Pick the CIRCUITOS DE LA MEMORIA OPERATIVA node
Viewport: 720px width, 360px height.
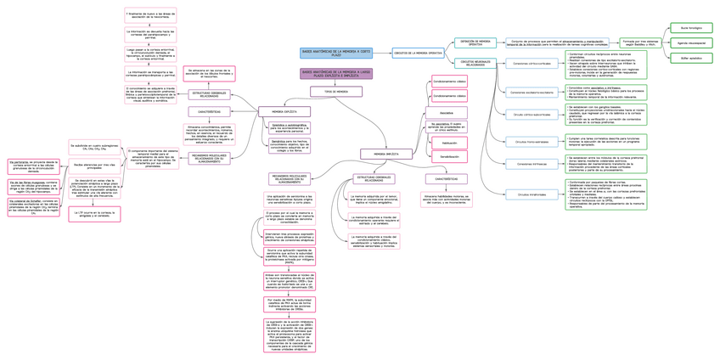tap(418, 53)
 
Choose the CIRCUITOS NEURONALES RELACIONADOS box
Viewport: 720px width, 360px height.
tap(475, 64)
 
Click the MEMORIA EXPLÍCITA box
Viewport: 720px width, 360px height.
tap(284, 111)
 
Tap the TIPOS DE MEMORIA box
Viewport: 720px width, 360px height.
tap(329, 91)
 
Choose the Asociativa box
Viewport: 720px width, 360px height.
tap(447, 112)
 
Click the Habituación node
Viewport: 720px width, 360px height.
tap(449, 143)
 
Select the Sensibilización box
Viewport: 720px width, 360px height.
tap(449, 157)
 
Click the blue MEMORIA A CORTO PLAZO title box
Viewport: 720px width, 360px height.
tap(336, 53)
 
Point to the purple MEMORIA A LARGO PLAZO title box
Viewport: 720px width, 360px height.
tap(336, 74)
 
